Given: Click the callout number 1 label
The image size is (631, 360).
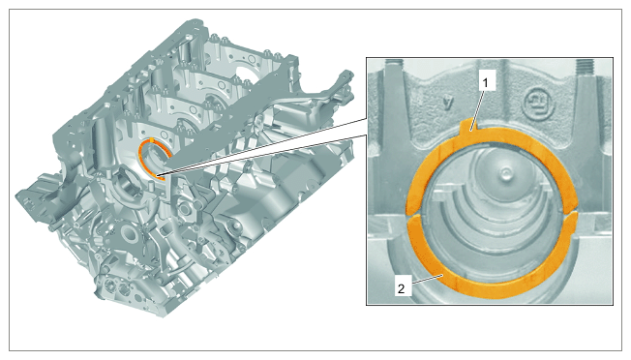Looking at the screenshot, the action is tap(485, 83).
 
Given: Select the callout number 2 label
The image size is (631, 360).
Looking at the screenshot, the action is tap(401, 288).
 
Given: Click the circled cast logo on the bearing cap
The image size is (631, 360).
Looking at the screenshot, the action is tap(537, 103).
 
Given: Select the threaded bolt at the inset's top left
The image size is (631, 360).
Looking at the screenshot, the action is tap(394, 66).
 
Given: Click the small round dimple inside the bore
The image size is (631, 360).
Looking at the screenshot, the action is tap(503, 174).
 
